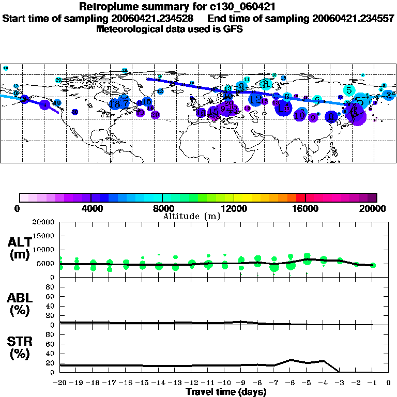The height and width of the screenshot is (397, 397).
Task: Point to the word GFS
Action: tap(233, 29)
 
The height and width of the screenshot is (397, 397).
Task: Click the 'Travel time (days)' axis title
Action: tap(226, 392)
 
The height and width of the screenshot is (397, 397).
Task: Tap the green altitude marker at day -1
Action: tap(373, 265)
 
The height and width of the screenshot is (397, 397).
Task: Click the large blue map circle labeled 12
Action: tap(255, 99)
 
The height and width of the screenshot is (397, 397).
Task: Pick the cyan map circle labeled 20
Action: tap(58, 80)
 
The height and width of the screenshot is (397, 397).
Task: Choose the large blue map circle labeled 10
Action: tap(299, 115)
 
